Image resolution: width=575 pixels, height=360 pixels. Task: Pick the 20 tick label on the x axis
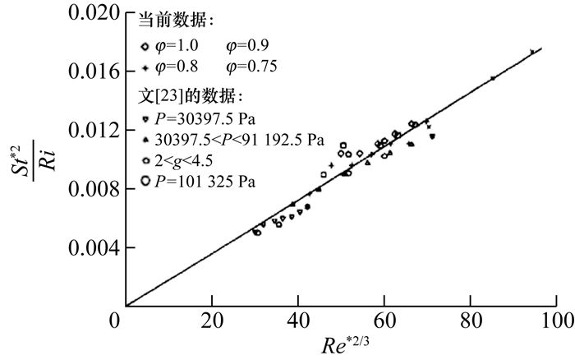pos(212,319)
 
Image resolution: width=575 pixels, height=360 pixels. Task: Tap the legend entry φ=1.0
pos(176,45)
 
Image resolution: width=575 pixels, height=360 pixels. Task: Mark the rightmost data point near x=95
pos(532,52)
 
